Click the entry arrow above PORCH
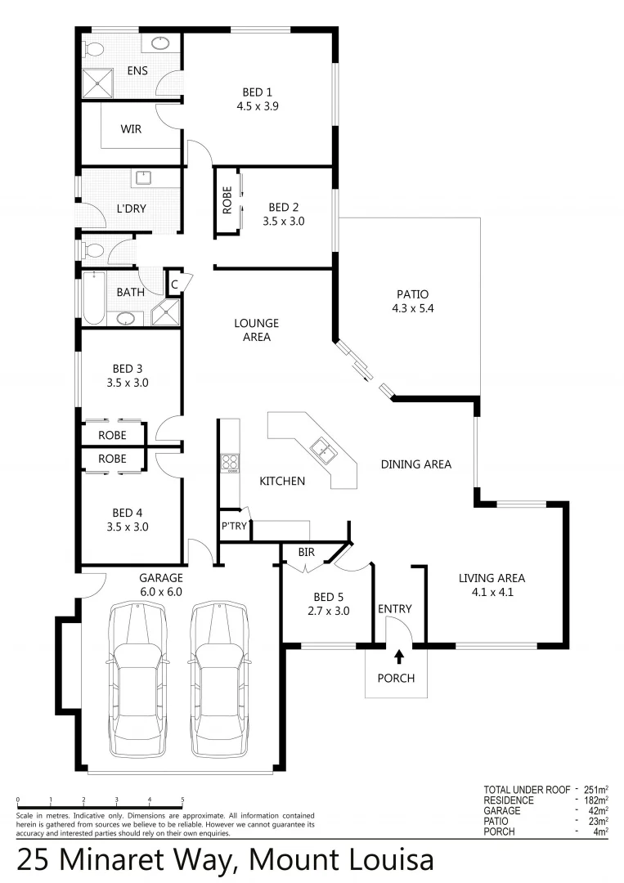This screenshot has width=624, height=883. [399, 656]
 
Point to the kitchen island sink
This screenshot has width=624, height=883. [321, 448]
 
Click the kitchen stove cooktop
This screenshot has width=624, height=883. [230, 463]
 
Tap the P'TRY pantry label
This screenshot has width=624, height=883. [234, 527]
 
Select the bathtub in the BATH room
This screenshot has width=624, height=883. [92, 299]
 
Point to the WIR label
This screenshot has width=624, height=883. [132, 129]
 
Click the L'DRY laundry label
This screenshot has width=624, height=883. [131, 208]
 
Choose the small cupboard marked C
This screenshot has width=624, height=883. [174, 285]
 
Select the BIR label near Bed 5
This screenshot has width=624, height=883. [306, 553]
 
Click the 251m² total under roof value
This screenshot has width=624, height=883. [594, 790]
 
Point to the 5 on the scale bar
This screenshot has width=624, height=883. [182, 800]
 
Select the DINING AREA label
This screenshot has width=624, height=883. [416, 464]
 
